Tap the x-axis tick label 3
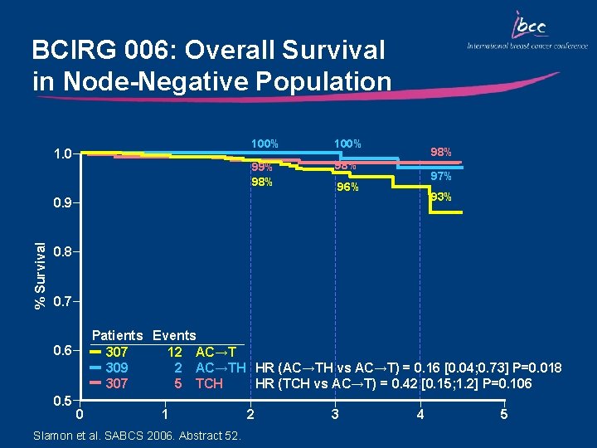tap(334, 414)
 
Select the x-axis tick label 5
tap(504, 414)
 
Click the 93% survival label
tap(440, 197)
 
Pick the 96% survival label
tap(347, 187)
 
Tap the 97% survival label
tap(440, 176)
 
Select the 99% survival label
tap(263, 168)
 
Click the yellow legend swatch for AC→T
tap(95, 352)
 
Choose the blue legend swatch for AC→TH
tap(95, 368)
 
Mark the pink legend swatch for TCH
tap(95, 383)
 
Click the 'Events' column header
tap(174, 336)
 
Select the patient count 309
tap(117, 368)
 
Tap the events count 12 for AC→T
tap(174, 352)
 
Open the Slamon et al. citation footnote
tap(135, 436)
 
